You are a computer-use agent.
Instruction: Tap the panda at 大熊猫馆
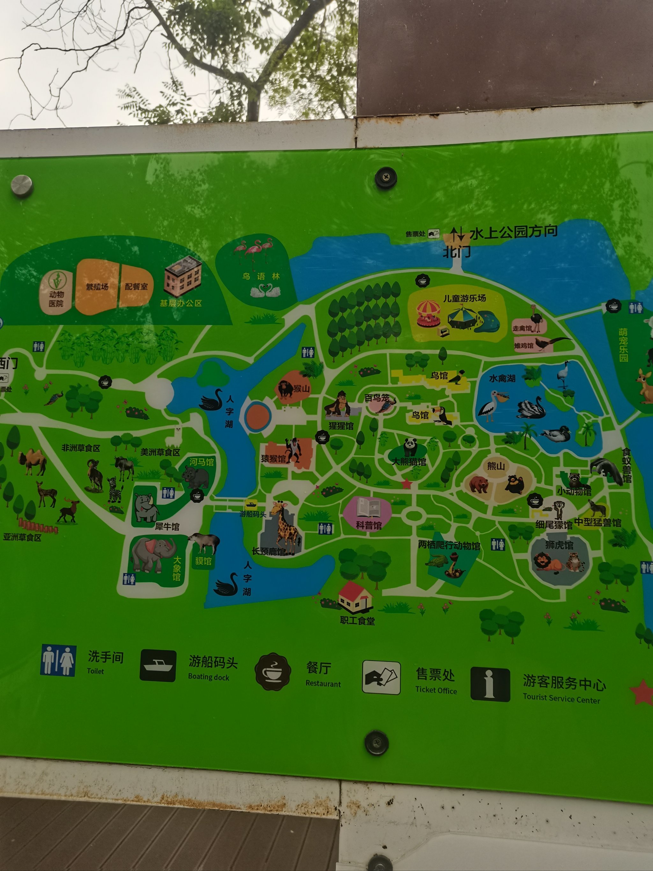[410, 447]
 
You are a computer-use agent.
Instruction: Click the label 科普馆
[368, 525]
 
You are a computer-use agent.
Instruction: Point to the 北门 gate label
[457, 252]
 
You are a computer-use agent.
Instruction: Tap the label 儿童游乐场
[465, 299]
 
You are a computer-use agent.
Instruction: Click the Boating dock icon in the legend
[158, 666]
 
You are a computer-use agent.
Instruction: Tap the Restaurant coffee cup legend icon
[273, 672]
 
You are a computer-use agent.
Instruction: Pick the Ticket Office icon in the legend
[381, 678]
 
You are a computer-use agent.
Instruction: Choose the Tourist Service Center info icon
[490, 684]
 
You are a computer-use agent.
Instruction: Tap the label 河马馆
[202, 462]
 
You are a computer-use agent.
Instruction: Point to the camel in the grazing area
[33, 461]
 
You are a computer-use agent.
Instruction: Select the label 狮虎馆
[559, 545]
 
